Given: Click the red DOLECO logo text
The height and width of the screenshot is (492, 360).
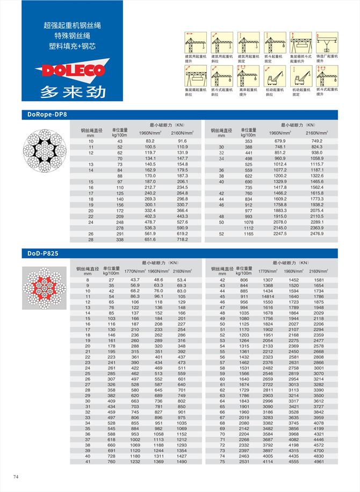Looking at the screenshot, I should click(x=66, y=70).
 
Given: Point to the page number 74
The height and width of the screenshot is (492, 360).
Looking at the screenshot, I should click(x=16, y=476).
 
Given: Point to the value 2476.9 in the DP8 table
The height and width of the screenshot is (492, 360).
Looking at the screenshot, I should click(x=317, y=234).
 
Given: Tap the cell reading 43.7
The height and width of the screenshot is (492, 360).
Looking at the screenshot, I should click(x=135, y=280).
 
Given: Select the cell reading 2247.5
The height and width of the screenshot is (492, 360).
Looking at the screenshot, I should click(x=280, y=234).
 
